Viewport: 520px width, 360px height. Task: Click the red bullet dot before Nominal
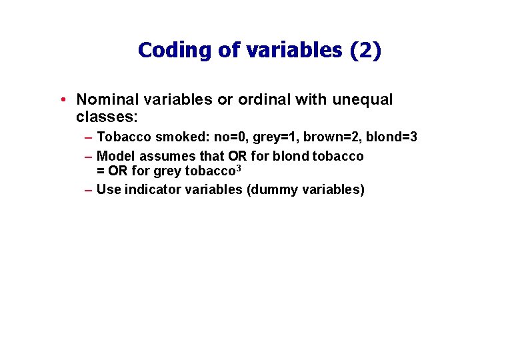click(x=61, y=100)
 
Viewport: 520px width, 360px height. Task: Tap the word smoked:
click(x=183, y=137)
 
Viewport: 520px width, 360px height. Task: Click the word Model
click(x=115, y=156)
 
